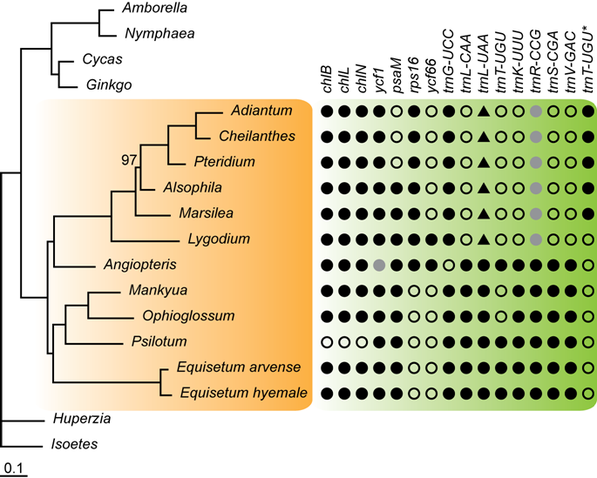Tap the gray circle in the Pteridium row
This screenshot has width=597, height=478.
pyautogui.click(x=536, y=163)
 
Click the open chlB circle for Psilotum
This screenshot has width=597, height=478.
pyautogui.click(x=326, y=341)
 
